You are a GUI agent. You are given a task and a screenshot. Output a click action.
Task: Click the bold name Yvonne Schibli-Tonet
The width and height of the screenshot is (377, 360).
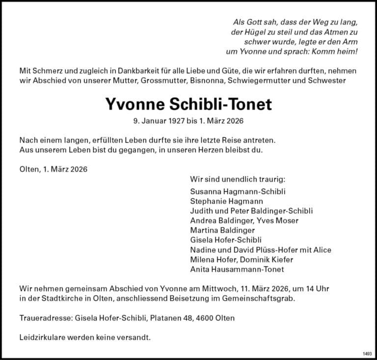188,104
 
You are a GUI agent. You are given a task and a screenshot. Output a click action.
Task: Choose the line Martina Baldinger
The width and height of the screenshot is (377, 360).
222,230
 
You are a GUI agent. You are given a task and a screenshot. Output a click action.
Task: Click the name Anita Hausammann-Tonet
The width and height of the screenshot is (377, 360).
237,269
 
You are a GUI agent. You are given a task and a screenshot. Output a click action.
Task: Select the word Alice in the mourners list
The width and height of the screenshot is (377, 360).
322,249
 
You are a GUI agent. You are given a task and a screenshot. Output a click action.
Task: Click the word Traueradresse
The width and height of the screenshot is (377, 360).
46,318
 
